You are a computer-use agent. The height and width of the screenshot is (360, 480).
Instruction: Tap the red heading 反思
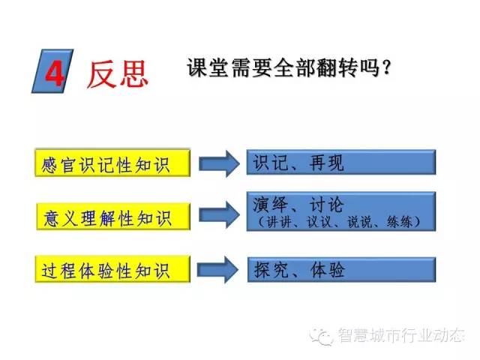pyautogui.click(x=117, y=73)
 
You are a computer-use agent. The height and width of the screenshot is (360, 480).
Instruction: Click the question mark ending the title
pyautogui.click(x=386, y=67)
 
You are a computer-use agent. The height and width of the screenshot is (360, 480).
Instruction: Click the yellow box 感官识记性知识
pyautogui.click(x=112, y=163)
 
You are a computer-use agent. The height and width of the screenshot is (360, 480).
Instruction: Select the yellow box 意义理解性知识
pyautogui.click(x=113, y=216)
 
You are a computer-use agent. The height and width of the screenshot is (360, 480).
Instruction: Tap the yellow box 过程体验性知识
pyautogui.click(x=112, y=269)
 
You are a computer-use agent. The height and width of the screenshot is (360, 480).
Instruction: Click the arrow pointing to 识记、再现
pyautogui.click(x=219, y=163)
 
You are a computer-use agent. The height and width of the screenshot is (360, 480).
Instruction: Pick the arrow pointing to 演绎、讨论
pyautogui.click(x=219, y=215)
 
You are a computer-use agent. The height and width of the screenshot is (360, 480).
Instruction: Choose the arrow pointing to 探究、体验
pyautogui.click(x=218, y=270)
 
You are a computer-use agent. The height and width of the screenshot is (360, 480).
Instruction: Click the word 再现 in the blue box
pyautogui.click(x=327, y=163)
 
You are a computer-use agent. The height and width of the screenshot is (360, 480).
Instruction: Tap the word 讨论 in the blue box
pyautogui.click(x=327, y=204)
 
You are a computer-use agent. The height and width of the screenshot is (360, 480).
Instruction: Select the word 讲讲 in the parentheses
pyautogui.click(x=279, y=222)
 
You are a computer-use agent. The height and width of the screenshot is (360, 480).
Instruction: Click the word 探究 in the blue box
pyautogui.click(x=271, y=270)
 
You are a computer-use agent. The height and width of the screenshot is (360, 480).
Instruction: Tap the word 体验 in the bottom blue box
pyautogui.click(x=328, y=270)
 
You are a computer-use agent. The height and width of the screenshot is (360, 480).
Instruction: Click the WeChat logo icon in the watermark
pyautogui.click(x=322, y=336)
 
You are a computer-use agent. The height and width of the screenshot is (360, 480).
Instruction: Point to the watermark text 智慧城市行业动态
pyautogui.click(x=401, y=335)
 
